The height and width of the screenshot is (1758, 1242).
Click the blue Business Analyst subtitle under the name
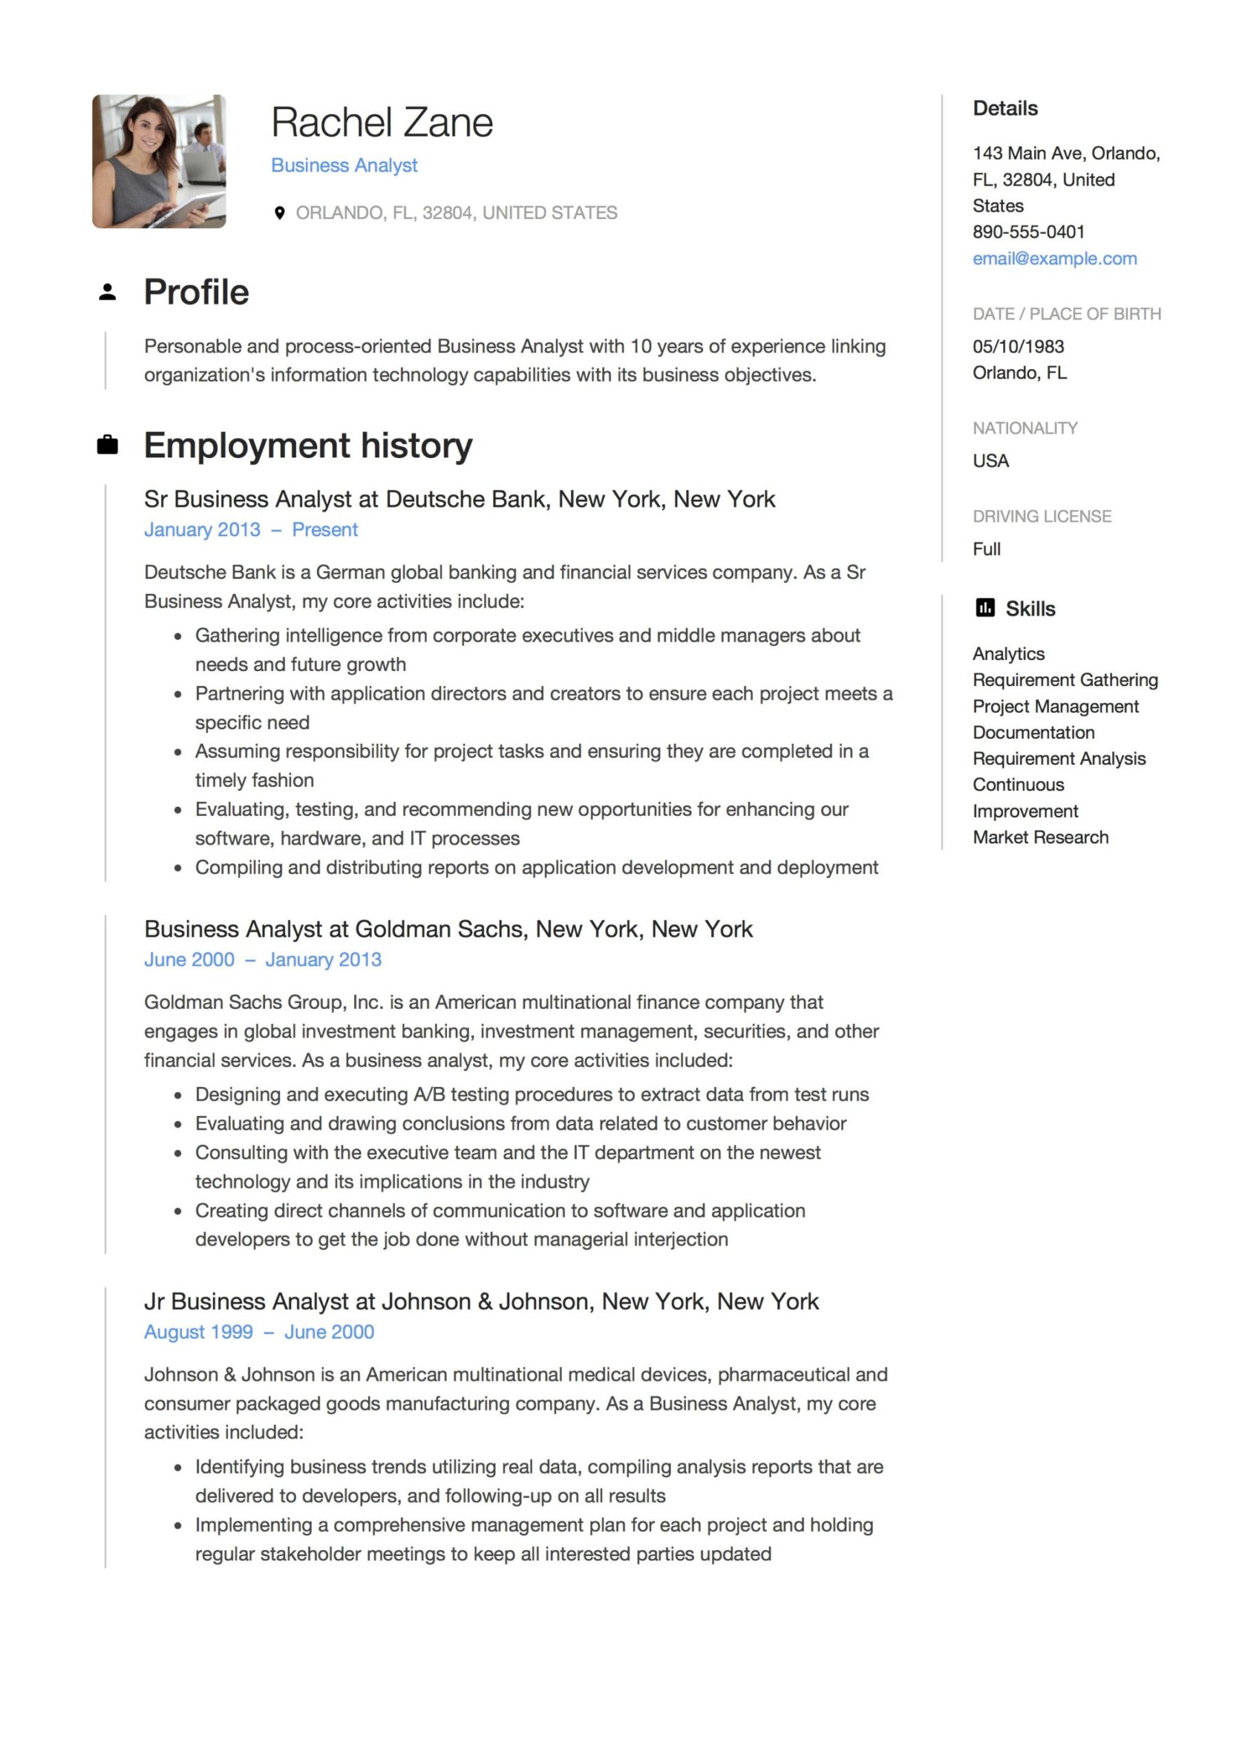click(x=344, y=165)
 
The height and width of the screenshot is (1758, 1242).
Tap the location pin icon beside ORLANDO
click(x=279, y=213)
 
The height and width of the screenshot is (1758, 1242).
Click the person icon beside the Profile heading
click(x=107, y=292)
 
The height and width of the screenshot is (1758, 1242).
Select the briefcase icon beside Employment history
click(x=107, y=445)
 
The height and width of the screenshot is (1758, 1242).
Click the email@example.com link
click(x=1054, y=259)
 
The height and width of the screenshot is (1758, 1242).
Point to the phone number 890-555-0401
click(x=1028, y=232)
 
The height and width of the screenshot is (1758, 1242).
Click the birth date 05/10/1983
click(x=1017, y=346)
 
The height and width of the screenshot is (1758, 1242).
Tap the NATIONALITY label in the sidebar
click(x=1024, y=428)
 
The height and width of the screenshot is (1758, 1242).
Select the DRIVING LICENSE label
click(x=1042, y=516)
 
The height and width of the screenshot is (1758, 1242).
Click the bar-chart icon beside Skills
click(x=985, y=608)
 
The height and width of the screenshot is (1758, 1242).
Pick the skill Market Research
click(x=1040, y=837)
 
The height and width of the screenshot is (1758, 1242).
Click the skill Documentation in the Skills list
click(x=1033, y=732)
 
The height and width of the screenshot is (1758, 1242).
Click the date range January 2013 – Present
click(x=251, y=530)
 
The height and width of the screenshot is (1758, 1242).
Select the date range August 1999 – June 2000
click(x=259, y=1332)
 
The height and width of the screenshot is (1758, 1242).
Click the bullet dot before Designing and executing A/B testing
click(x=178, y=1095)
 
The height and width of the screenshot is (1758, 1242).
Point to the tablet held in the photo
click(x=184, y=207)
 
